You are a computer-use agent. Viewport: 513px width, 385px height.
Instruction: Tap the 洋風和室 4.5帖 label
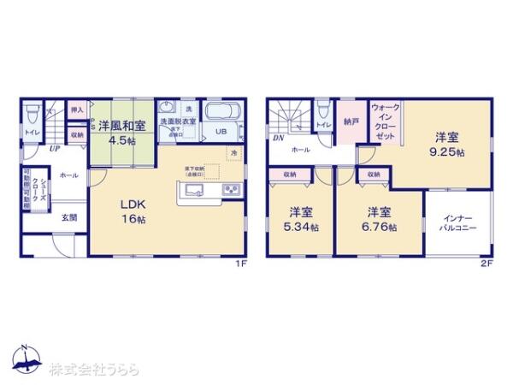point(121,132)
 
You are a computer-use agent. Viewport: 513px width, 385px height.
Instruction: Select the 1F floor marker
point(241,264)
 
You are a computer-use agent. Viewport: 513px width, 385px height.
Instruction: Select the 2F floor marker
point(486,264)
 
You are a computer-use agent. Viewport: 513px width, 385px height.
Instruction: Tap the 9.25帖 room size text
point(448,152)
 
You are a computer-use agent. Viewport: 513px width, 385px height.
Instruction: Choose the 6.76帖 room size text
point(378,228)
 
